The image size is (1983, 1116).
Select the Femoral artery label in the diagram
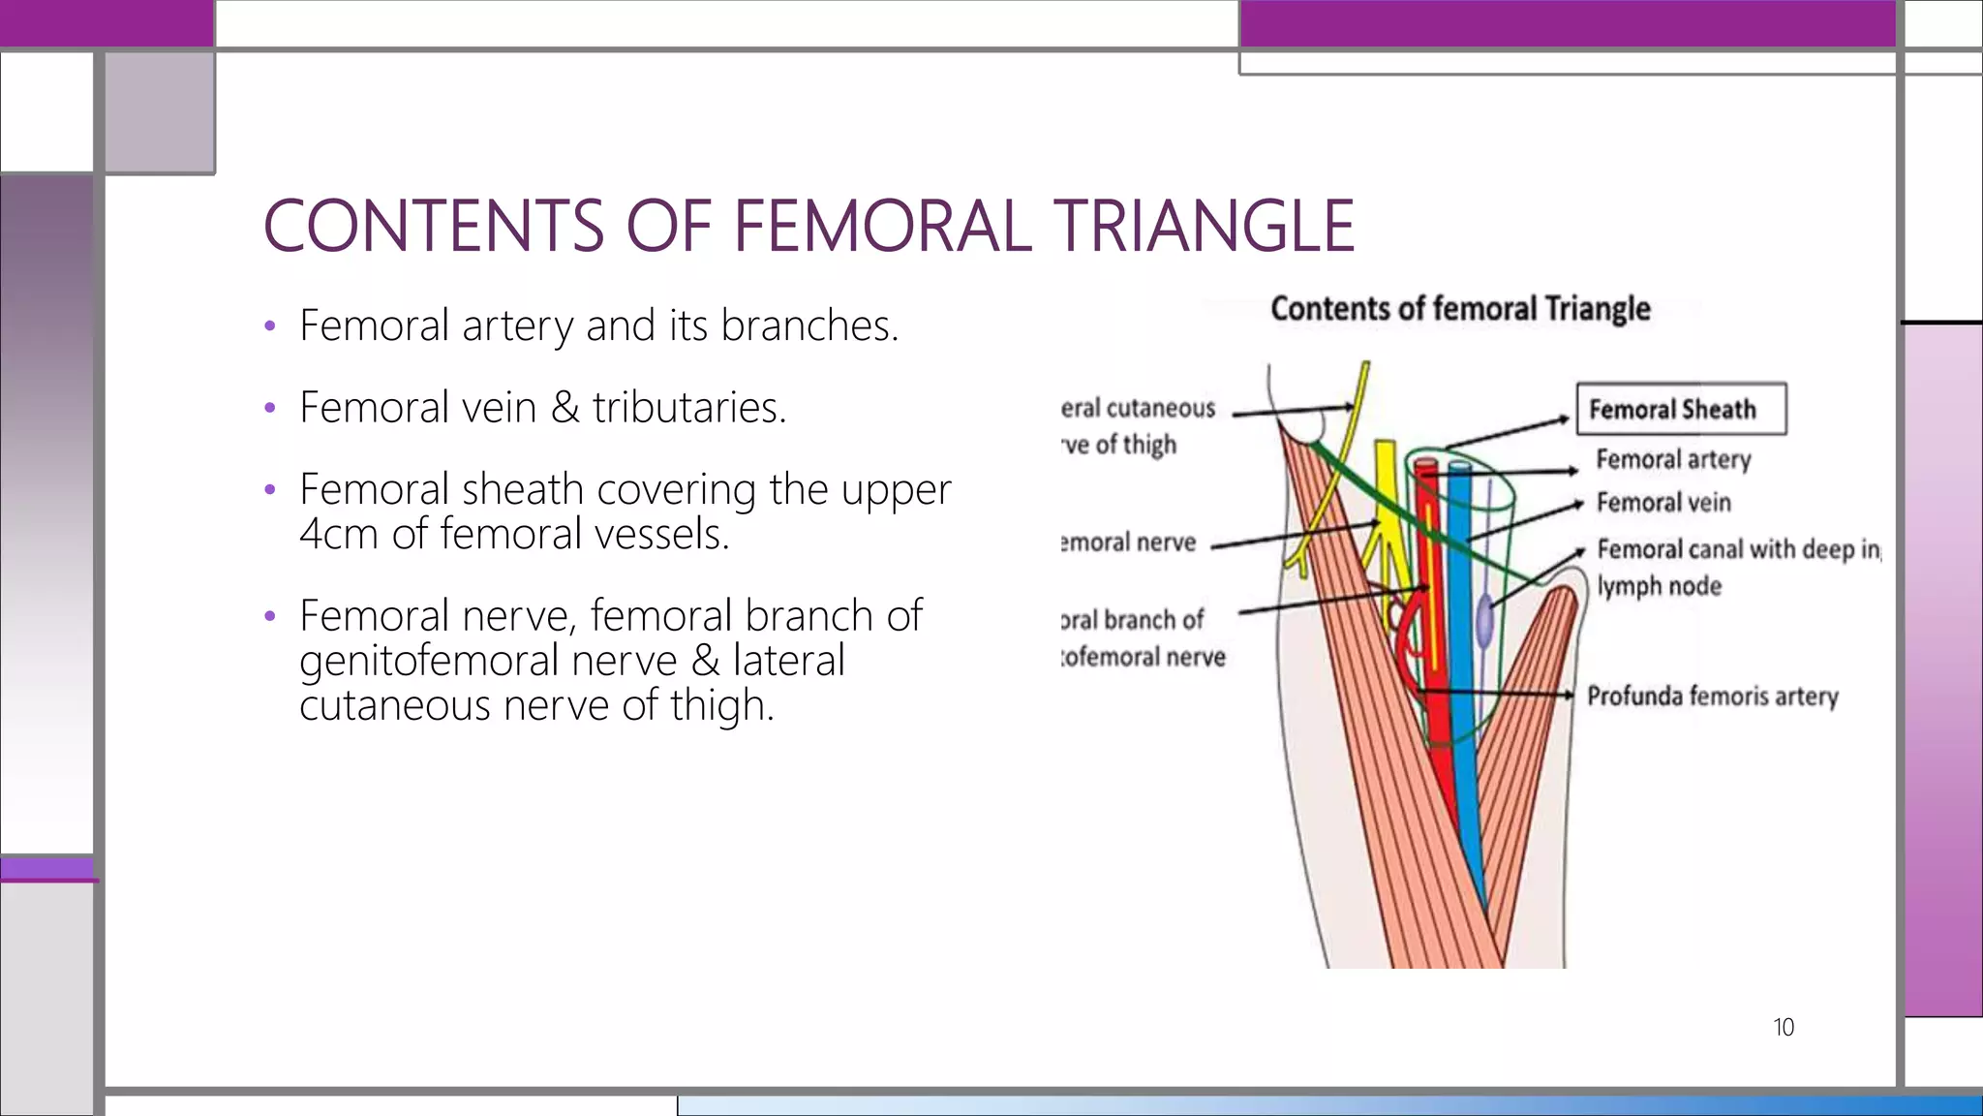point(1673,459)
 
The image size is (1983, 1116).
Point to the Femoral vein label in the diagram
point(1663,503)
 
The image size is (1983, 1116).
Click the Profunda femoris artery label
point(1712,696)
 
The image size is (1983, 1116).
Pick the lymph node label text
point(1659,586)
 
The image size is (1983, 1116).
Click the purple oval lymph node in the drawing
point(1484,623)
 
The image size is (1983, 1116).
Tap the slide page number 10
point(1783,1027)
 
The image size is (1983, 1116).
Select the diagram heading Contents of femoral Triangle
point(1460,308)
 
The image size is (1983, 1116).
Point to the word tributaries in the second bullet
point(688,407)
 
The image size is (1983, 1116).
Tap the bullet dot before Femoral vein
point(270,408)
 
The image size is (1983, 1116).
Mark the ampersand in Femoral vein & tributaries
point(564,407)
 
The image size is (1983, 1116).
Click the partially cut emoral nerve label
point(1128,542)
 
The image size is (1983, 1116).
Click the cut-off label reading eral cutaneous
point(1138,408)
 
